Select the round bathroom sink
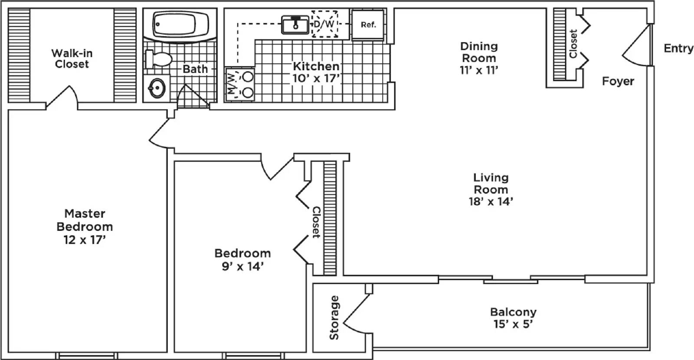157,88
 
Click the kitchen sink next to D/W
295,24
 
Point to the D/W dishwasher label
324,24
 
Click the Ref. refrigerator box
368,25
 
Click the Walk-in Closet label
72,59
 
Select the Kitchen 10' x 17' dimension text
316,79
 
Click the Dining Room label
479,52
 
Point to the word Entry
678,48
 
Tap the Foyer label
618,81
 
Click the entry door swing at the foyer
635,48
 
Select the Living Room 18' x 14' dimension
491,201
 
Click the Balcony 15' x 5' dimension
513,324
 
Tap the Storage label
334,317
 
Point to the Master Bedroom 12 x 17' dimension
85,239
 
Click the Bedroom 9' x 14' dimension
242,266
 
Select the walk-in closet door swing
62,96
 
